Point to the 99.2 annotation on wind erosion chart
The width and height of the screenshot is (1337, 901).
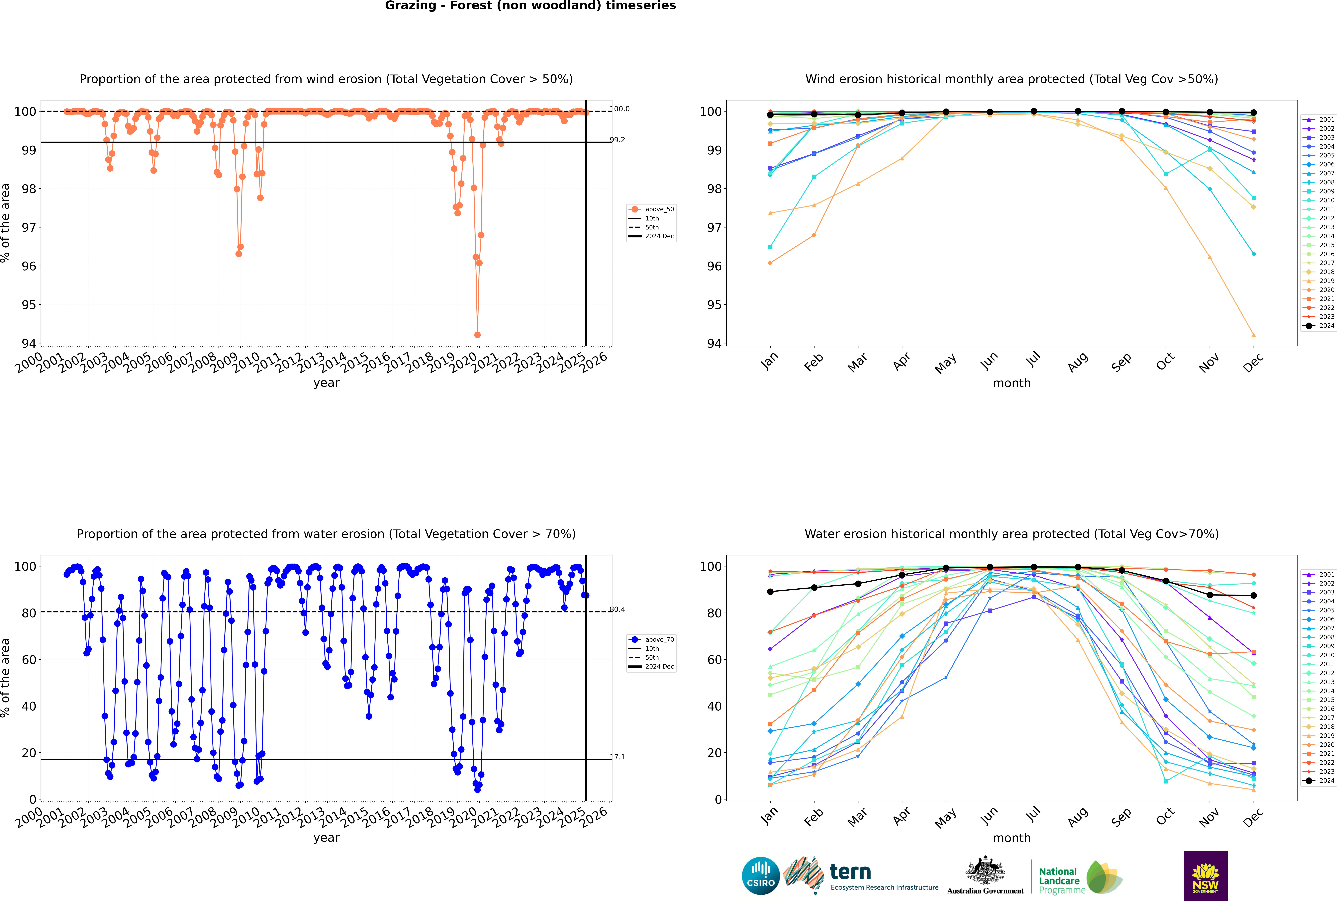617,140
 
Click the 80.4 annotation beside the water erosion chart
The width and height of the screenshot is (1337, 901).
617,609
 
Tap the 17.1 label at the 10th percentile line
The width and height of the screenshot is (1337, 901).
617,757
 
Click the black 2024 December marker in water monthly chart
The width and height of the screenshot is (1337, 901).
1254,595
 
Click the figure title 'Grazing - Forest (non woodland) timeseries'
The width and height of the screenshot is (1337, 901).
530,6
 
